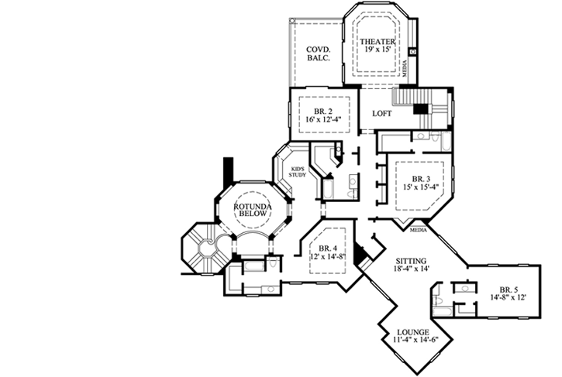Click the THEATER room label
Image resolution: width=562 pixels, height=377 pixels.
click(377, 41)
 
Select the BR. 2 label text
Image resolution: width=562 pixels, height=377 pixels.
click(323, 109)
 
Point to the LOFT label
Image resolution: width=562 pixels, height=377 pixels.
click(382, 114)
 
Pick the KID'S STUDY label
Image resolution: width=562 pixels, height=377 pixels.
click(298, 172)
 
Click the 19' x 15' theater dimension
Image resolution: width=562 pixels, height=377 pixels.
click(377, 50)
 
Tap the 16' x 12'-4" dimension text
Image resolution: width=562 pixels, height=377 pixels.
click(323, 119)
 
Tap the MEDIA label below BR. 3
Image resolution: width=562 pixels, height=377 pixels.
click(419, 230)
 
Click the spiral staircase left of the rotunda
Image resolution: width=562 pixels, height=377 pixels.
click(203, 247)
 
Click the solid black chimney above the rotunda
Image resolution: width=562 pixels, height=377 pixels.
click(228, 169)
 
